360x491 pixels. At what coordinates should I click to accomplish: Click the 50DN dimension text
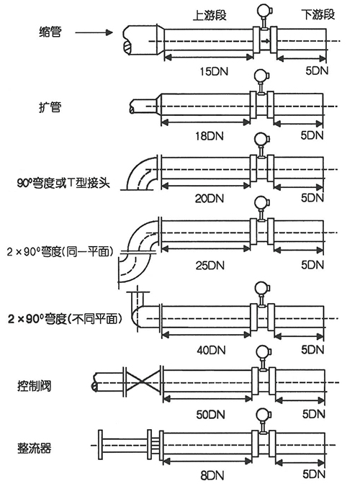point(211,414)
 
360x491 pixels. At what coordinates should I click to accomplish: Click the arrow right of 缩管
point(94,32)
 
